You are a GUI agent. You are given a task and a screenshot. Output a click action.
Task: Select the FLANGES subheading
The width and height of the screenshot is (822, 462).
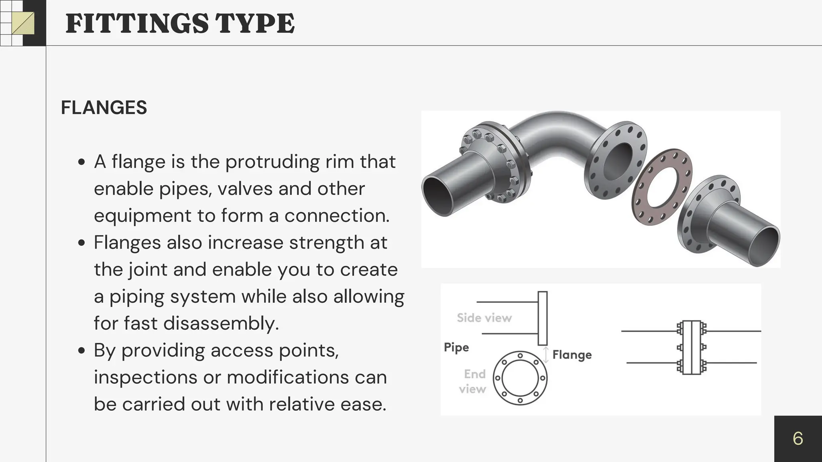click(x=104, y=107)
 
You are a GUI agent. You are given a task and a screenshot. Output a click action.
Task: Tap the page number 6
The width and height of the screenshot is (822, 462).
click(x=798, y=438)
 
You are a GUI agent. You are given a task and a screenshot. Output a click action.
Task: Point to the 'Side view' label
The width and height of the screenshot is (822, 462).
click(x=484, y=318)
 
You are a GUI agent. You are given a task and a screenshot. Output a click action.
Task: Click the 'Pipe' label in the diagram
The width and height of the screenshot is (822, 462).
click(x=456, y=347)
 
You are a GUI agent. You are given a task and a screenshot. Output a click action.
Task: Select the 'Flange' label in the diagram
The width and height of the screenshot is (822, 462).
click(x=572, y=355)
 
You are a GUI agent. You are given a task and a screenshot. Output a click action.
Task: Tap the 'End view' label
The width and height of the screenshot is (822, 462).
click(x=474, y=381)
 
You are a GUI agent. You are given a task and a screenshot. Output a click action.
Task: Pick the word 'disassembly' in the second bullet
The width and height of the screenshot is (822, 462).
click(x=221, y=323)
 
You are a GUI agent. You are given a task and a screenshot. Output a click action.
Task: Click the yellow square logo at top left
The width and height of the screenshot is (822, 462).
click(x=23, y=23)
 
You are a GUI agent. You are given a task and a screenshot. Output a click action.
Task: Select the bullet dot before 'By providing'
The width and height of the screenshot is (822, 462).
click(x=82, y=351)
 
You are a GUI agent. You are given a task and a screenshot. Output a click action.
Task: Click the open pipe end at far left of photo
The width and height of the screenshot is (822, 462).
click(x=437, y=196)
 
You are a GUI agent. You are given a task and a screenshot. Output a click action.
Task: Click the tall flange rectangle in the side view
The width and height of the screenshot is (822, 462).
click(x=543, y=318)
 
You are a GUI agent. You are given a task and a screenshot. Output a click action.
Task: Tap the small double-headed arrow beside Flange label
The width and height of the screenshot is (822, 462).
click(x=546, y=355)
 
